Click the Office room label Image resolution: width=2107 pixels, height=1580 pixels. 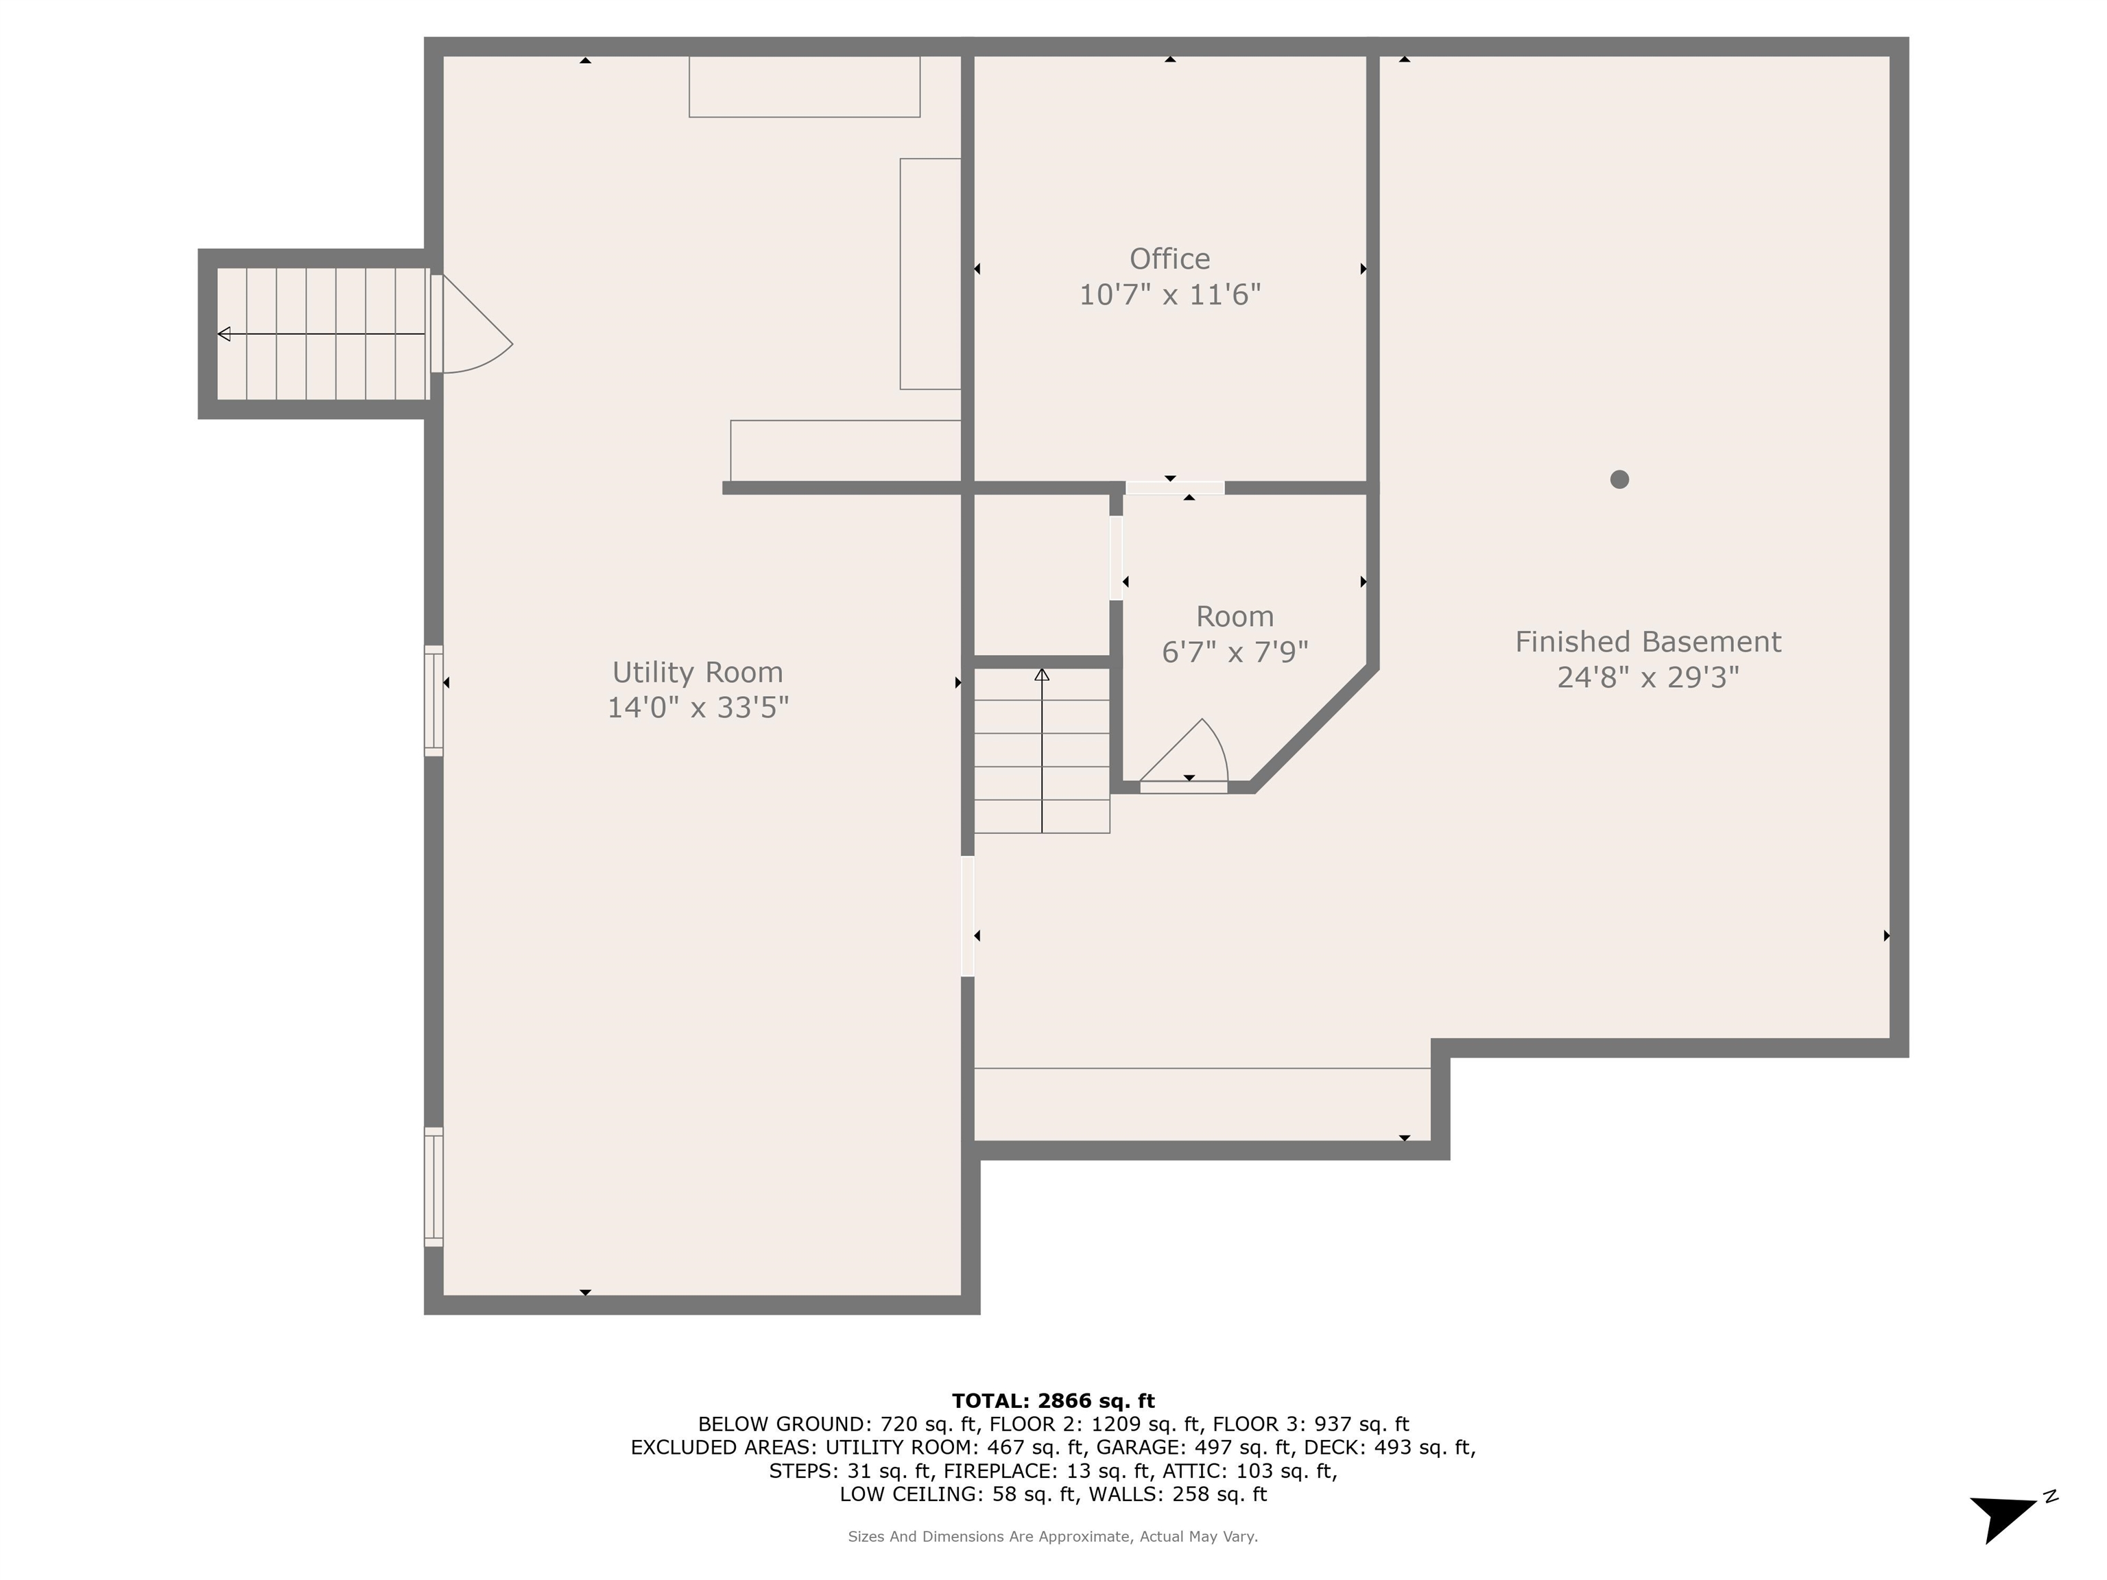click(x=1169, y=259)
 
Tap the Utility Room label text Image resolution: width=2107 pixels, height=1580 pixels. click(x=698, y=672)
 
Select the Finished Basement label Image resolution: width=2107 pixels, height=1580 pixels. click(x=1648, y=642)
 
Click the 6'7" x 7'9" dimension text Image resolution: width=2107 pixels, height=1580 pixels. click(x=1235, y=652)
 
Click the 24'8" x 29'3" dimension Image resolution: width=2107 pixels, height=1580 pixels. click(x=1648, y=677)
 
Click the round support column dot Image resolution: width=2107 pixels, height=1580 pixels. click(x=1619, y=479)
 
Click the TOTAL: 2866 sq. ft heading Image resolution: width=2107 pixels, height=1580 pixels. click(x=1053, y=1401)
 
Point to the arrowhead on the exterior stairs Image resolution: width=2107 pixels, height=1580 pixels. click(x=224, y=334)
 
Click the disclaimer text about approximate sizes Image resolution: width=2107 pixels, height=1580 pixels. click(x=1053, y=1536)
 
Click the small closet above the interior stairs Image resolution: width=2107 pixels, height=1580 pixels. click(x=1042, y=575)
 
